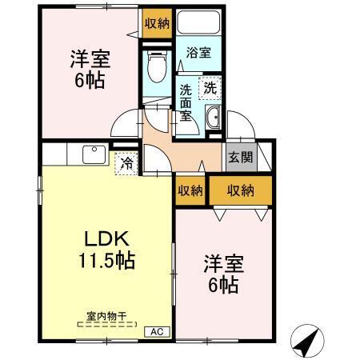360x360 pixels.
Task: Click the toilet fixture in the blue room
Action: (157, 66)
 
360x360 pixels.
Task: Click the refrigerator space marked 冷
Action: (126, 165)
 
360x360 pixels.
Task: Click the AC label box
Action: (155, 331)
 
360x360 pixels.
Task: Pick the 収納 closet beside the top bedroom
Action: (156, 23)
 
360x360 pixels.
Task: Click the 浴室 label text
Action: (198, 54)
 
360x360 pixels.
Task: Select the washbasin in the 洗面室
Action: (214, 121)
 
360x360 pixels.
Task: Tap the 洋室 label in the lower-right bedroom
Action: (222, 262)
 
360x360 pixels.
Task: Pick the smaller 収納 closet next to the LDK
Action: (189, 190)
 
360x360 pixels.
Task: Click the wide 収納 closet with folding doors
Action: (240, 190)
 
